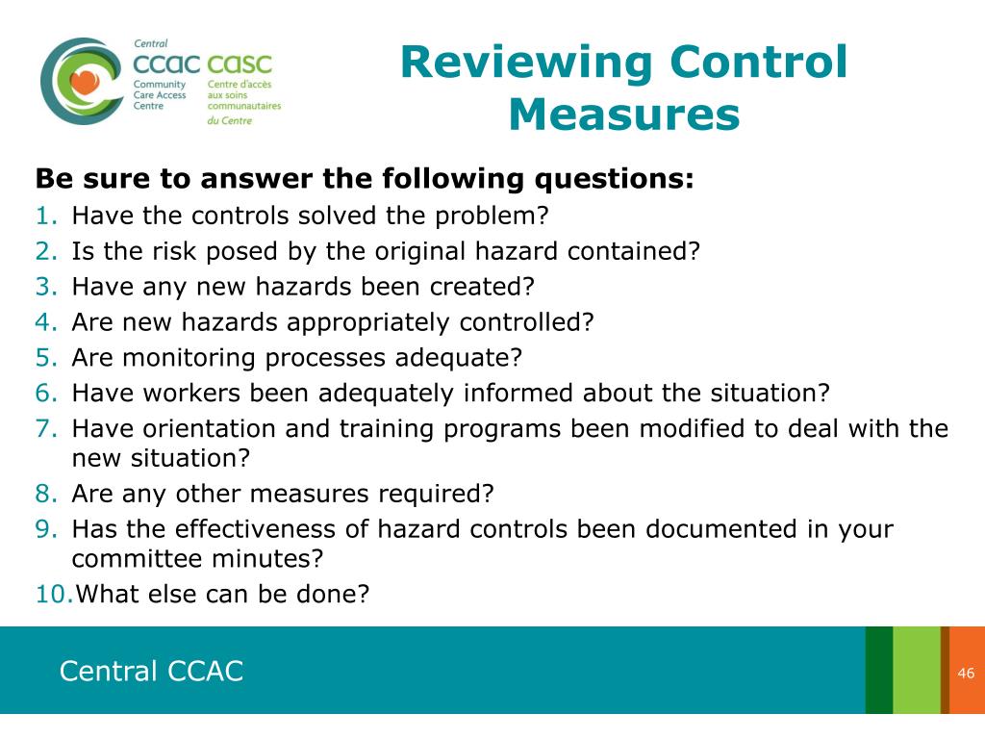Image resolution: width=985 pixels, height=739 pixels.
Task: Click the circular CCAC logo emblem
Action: pos(81,81)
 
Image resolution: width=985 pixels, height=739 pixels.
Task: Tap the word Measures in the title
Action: pos(624,115)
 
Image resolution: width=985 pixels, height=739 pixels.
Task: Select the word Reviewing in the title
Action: pos(526,64)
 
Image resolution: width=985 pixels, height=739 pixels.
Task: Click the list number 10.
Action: pos(54,594)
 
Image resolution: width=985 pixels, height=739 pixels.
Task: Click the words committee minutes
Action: pos(197,559)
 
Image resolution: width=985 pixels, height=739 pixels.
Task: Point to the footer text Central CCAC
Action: pos(151,671)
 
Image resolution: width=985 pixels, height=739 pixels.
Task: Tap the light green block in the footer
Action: pos(916,671)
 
